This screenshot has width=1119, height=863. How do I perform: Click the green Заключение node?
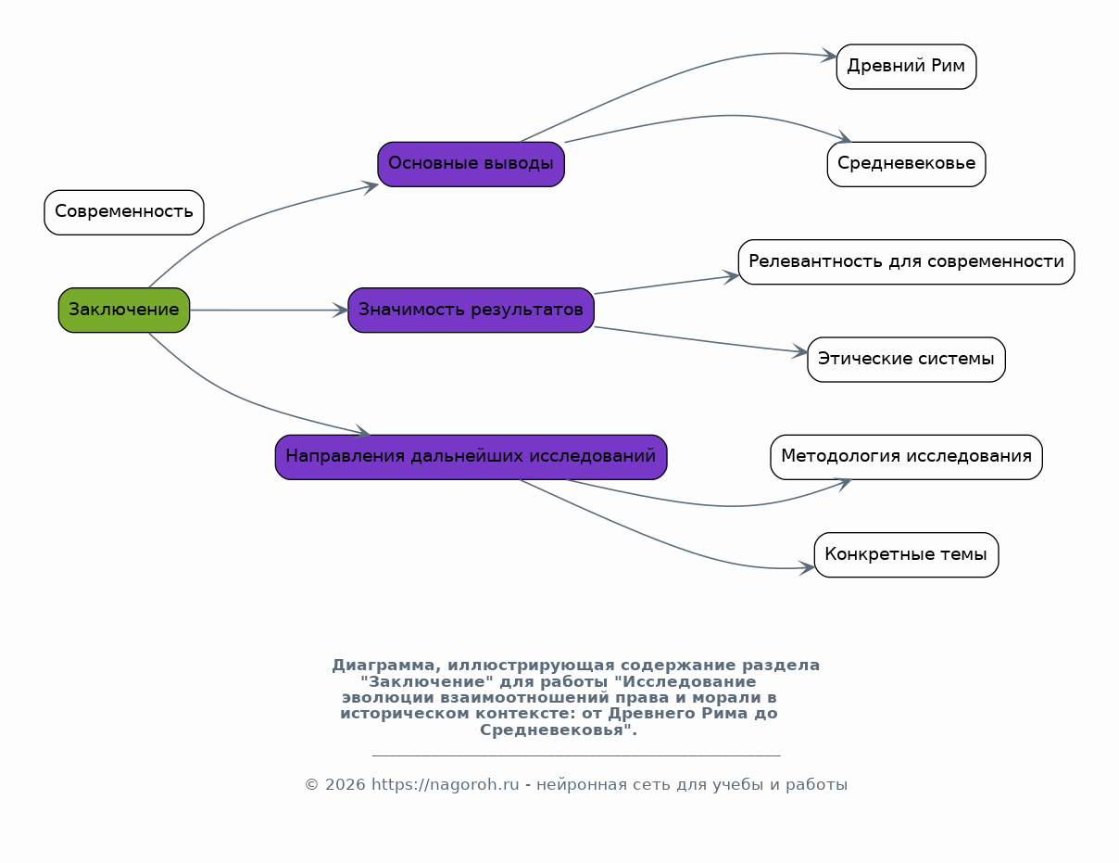pyautogui.click(x=124, y=311)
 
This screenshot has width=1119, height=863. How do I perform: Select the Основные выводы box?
pyautogui.click(x=471, y=164)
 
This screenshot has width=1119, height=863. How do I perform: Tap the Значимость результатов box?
pyautogui.click(x=471, y=311)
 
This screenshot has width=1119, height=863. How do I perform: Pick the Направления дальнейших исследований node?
pyautogui.click(x=471, y=458)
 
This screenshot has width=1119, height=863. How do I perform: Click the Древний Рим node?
pyautogui.click(x=906, y=67)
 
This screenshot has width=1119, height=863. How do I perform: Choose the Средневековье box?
pyautogui.click(x=906, y=164)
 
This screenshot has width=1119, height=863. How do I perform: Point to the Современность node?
pyautogui.click(x=124, y=213)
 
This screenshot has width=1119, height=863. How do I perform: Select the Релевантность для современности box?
pyautogui.click(x=906, y=261)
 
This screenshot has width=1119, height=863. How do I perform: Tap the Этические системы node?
pyautogui.click(x=906, y=360)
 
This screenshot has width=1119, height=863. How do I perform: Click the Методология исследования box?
pyautogui.click(x=906, y=458)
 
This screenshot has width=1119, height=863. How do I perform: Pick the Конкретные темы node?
pyautogui.click(x=906, y=555)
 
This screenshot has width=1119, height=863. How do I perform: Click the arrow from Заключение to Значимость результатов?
pyautogui.click(x=269, y=311)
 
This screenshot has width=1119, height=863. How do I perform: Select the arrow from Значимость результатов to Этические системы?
pyautogui.click(x=701, y=339)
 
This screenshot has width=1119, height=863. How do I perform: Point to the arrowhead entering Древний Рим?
pyautogui.click(x=829, y=55)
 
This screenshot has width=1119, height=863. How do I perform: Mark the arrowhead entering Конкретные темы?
pyautogui.click(x=807, y=568)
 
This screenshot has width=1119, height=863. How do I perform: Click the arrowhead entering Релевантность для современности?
pyautogui.click(x=731, y=276)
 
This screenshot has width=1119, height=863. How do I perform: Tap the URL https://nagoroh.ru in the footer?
pyautogui.click(x=446, y=785)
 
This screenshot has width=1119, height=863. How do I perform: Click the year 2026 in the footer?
pyautogui.click(x=345, y=785)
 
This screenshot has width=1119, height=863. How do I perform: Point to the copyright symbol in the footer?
pyautogui.click(x=312, y=785)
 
